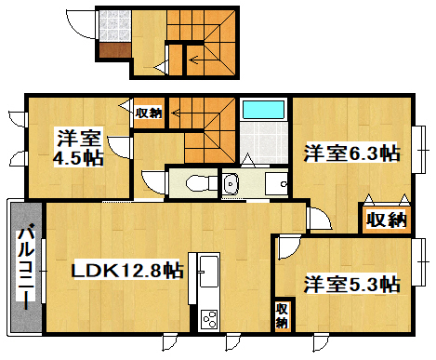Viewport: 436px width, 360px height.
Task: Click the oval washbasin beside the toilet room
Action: (231, 183)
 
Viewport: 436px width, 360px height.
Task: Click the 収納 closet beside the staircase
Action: (149, 113)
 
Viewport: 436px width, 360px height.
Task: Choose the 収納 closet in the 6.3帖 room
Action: (384, 220)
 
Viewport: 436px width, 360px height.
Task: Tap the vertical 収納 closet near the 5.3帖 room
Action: (282, 316)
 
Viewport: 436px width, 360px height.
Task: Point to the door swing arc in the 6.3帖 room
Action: (320, 220)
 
